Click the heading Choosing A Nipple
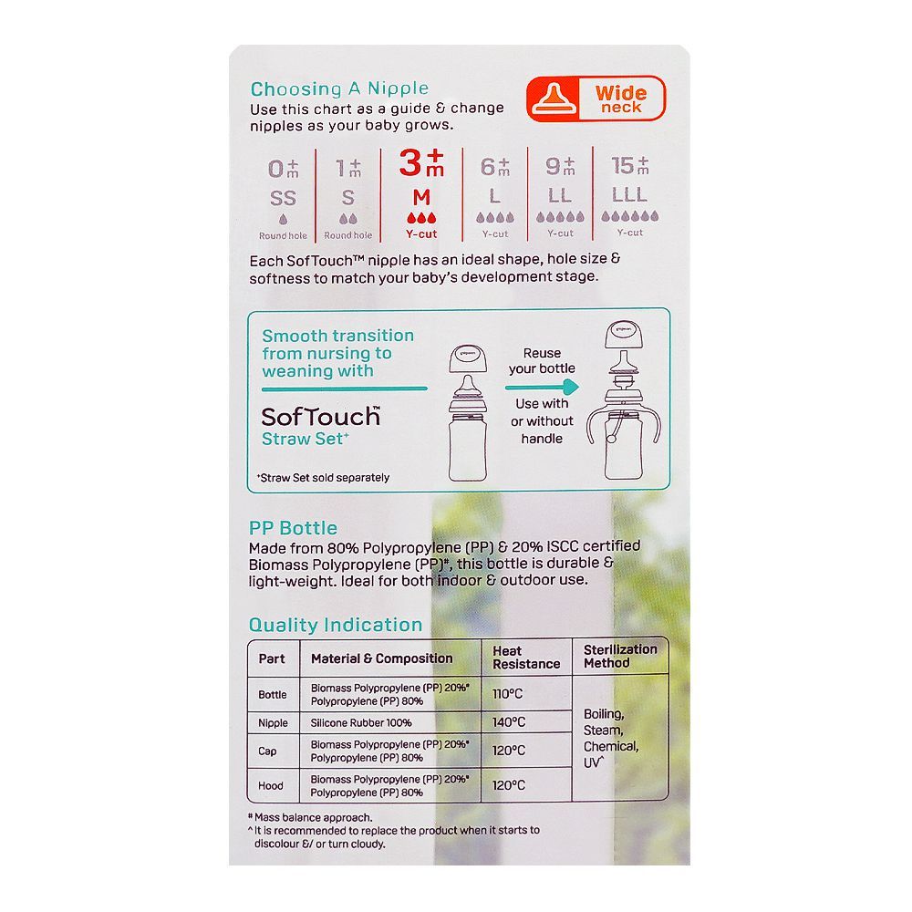click(x=339, y=89)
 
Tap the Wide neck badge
click(x=596, y=98)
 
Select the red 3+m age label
click(x=421, y=163)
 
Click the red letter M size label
click(x=421, y=198)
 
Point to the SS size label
click(x=283, y=198)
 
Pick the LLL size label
click(x=629, y=194)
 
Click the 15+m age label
click(x=630, y=166)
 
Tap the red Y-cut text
click(x=421, y=234)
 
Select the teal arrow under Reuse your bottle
click(x=542, y=387)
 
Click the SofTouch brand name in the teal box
click(x=320, y=417)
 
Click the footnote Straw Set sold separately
click(x=323, y=478)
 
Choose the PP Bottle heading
click(x=293, y=528)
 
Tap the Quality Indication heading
click(x=336, y=625)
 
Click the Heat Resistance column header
click(x=526, y=658)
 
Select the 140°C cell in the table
click(x=509, y=722)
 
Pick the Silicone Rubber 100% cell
click(x=361, y=723)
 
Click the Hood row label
click(x=271, y=786)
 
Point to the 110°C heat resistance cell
click(x=508, y=694)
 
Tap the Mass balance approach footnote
click(x=311, y=817)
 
